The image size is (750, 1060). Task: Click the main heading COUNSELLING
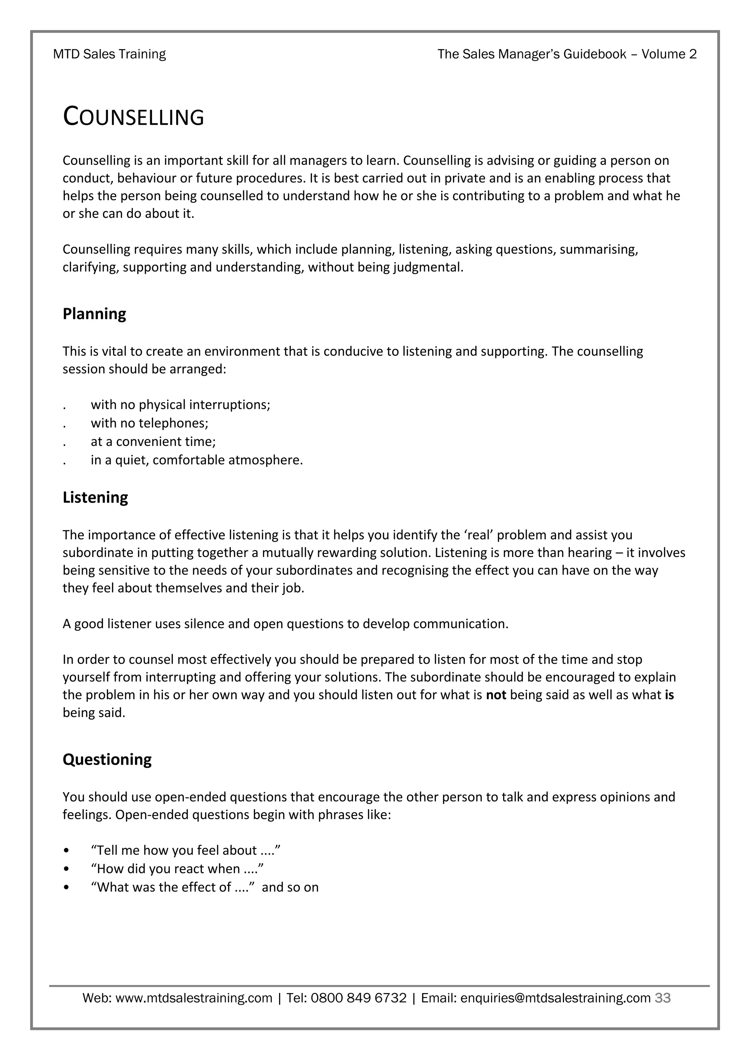133,116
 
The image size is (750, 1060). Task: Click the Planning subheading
94,314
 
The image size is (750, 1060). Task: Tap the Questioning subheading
107,759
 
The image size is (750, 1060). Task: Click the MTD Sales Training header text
109,54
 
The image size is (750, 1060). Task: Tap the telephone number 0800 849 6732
359,998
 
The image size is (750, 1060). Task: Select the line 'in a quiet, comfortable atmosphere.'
197,460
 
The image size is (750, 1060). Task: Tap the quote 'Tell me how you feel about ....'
186,850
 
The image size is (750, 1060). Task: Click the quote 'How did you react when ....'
177,869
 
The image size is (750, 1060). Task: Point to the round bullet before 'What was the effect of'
67,887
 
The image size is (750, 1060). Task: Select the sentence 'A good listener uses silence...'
285,624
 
